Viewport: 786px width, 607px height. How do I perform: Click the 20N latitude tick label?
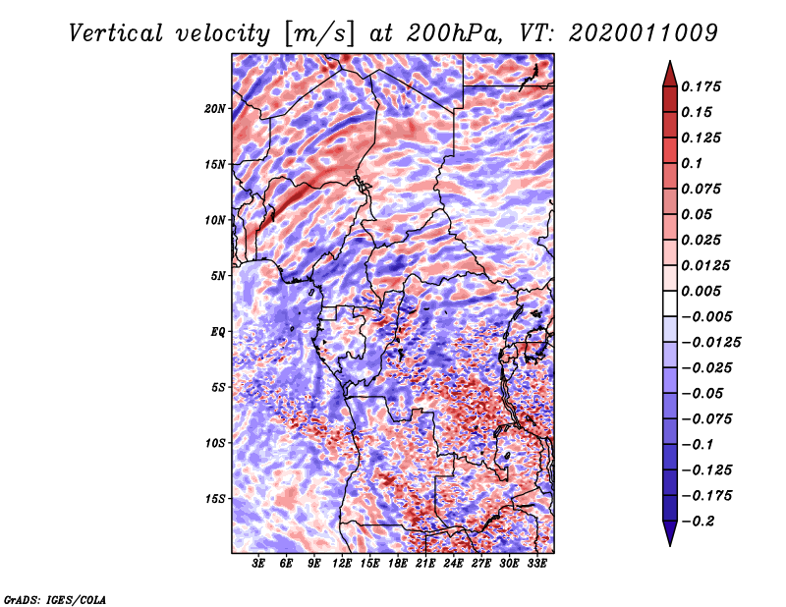pos(215,108)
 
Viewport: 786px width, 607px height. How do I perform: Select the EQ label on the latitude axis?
pos(218,332)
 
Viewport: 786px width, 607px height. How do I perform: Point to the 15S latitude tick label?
pos(215,499)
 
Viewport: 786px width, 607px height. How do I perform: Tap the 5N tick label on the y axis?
pos(218,276)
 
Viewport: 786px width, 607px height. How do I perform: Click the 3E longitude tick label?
pos(259,565)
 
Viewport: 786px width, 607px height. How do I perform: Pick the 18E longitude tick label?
pos(398,565)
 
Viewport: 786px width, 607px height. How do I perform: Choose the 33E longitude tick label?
pos(536,565)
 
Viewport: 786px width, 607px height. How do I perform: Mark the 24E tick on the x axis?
pos(453,565)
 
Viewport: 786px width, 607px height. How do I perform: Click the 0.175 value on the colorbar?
pos(703,87)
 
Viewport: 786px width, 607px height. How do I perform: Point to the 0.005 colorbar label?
pos(703,292)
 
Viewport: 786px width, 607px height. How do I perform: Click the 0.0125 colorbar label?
pos(707,266)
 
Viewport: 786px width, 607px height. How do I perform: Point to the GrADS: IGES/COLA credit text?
pos(55,598)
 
